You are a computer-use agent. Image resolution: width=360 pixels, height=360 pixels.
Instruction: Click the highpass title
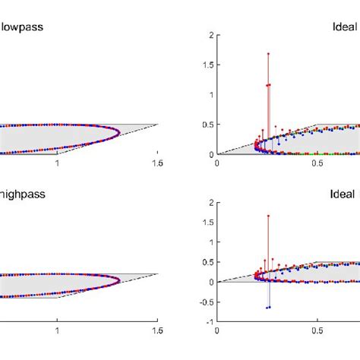tap(22, 194)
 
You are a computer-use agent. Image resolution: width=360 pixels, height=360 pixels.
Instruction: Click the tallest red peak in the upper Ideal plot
tap(268, 54)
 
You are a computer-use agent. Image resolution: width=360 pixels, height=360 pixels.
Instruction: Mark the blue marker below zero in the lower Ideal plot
tap(268, 307)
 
